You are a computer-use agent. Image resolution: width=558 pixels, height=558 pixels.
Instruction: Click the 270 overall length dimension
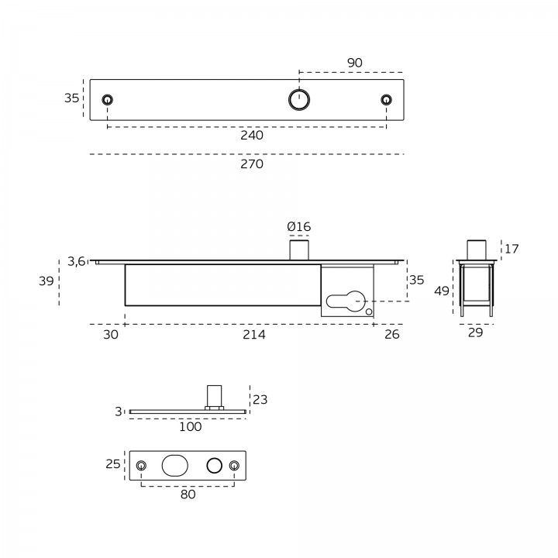tap(252, 164)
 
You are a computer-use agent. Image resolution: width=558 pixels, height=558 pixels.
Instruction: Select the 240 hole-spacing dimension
tap(252, 135)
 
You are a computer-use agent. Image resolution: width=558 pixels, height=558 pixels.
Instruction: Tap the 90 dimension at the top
tap(354, 63)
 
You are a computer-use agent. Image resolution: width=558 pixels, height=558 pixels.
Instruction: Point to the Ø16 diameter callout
tap(298, 226)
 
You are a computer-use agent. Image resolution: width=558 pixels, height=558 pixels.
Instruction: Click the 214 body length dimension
tap(253, 335)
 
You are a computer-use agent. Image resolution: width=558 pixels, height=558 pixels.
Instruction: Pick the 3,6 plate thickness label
tap(76, 261)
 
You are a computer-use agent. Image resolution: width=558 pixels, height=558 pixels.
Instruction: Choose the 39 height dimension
tap(46, 281)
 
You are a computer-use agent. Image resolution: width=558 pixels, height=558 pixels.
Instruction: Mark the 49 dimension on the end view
tap(442, 291)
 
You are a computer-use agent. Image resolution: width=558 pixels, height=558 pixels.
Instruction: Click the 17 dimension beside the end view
tap(511, 249)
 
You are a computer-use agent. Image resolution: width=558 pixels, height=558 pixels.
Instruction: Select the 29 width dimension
tap(476, 332)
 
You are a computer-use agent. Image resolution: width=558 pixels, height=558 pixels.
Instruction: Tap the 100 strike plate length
tap(190, 426)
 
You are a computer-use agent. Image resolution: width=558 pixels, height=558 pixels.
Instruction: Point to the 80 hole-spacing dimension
tap(188, 494)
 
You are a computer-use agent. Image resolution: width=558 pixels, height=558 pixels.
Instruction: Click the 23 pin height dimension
tap(260, 400)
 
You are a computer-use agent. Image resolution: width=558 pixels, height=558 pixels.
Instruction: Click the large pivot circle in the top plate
tap(298, 99)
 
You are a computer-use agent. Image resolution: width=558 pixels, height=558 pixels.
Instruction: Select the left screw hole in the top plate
tap(107, 99)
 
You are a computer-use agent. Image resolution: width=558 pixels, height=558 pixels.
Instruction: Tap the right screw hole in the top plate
tap(386, 99)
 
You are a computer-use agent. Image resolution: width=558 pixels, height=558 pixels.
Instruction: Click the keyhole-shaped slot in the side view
tap(346, 300)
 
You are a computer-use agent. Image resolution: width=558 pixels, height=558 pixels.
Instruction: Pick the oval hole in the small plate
tap(174, 465)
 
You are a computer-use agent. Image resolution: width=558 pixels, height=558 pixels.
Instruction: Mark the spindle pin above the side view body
tap(299, 250)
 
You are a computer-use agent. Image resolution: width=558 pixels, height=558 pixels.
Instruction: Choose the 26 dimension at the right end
tap(391, 335)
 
